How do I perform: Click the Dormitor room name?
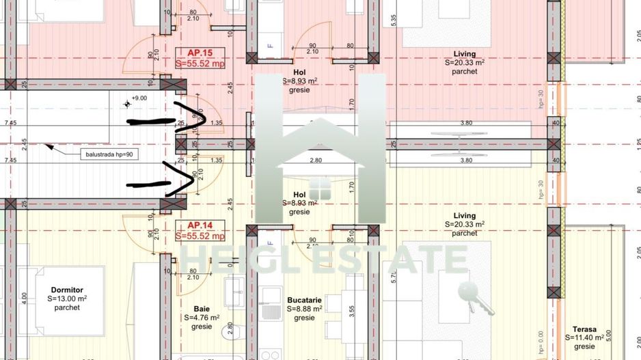(67, 290)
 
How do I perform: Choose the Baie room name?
(201, 309)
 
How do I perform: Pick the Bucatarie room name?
(304, 300)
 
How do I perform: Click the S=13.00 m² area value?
(67, 299)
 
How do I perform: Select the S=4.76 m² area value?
(201, 318)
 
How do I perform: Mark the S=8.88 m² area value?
(304, 309)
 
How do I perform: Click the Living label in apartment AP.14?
(465, 215)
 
